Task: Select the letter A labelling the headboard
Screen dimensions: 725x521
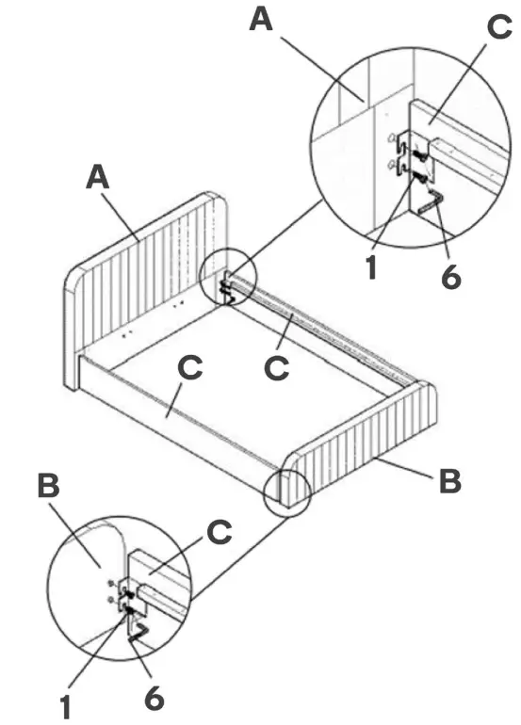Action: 98,177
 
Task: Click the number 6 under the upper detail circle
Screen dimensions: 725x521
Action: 450,278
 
